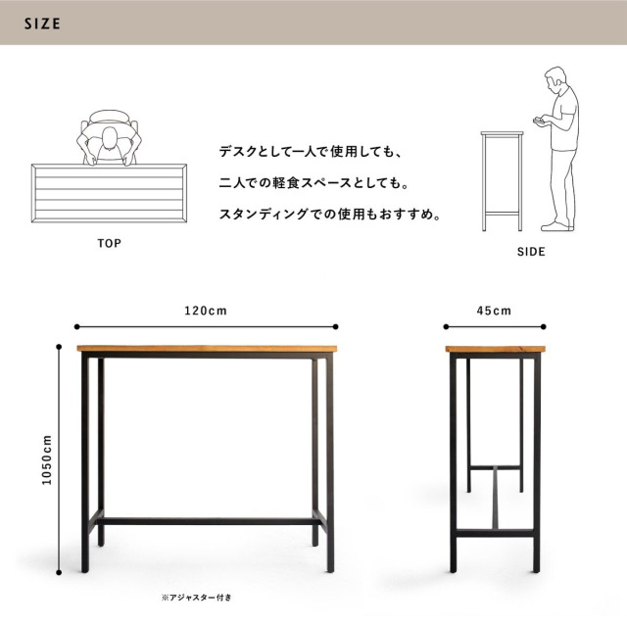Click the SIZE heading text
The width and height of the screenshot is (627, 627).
click(42, 24)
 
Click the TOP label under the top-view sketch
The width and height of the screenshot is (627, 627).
click(109, 243)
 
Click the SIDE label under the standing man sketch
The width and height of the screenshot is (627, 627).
click(531, 252)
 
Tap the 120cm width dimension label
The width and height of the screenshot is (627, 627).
click(206, 311)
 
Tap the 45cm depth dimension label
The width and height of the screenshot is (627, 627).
click(494, 311)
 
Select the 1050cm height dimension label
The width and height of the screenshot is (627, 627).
click(47, 459)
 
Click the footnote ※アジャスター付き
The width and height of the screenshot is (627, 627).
click(197, 598)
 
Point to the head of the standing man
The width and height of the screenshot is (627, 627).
click(555, 78)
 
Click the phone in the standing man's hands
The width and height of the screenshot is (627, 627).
click(538, 120)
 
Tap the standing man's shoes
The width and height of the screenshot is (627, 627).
click(557, 226)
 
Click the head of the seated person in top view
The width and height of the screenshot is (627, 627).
click(109, 138)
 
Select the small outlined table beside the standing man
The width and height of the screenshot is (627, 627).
click(502, 181)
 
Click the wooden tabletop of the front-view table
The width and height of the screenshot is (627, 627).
click(207, 349)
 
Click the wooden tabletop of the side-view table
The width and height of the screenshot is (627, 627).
click(496, 349)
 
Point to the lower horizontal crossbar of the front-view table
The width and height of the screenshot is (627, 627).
click(208, 521)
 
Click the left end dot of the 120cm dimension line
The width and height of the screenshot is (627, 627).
click(76, 326)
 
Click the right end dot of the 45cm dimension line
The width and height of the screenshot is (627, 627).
click(543, 326)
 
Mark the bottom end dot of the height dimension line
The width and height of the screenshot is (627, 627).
click(59, 572)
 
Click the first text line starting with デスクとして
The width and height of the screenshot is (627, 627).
click(311, 152)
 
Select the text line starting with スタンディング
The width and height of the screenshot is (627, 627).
click(330, 215)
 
